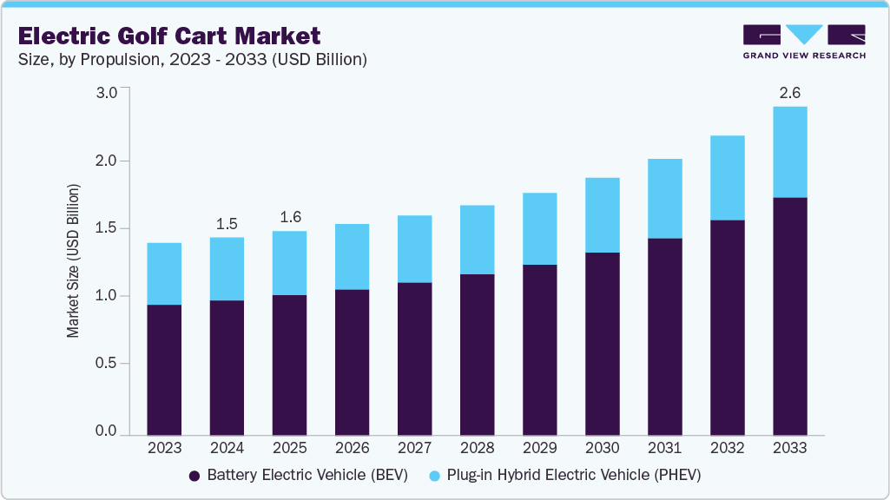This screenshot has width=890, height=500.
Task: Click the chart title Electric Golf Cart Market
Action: [169, 36]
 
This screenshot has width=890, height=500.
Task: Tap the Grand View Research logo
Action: [804, 41]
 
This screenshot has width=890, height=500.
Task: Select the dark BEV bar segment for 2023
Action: [164, 370]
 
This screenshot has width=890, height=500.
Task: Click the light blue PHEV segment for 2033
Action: [789, 152]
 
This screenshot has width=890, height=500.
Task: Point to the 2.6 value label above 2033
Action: [789, 93]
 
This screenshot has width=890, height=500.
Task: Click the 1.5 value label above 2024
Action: [227, 223]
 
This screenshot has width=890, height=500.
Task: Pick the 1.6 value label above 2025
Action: [289, 217]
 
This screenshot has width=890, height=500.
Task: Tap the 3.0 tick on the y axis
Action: [106, 93]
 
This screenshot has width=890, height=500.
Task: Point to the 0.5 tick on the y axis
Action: [106, 364]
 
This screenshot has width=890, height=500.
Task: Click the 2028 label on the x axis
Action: [477, 448]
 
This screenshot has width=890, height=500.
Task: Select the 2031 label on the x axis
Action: [664, 448]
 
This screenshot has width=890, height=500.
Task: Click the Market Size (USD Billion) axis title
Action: [74, 260]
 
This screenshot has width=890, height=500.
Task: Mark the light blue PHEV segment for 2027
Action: [414, 249]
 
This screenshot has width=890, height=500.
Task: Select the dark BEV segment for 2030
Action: [602, 344]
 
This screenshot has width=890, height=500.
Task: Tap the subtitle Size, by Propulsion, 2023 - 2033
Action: [193, 60]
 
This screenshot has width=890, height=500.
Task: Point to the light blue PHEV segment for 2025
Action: [289, 263]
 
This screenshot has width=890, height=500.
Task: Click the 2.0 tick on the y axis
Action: [106, 161]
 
